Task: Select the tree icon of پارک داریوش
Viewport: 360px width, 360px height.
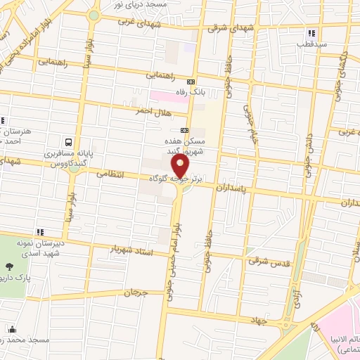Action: (x=9, y=266)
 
